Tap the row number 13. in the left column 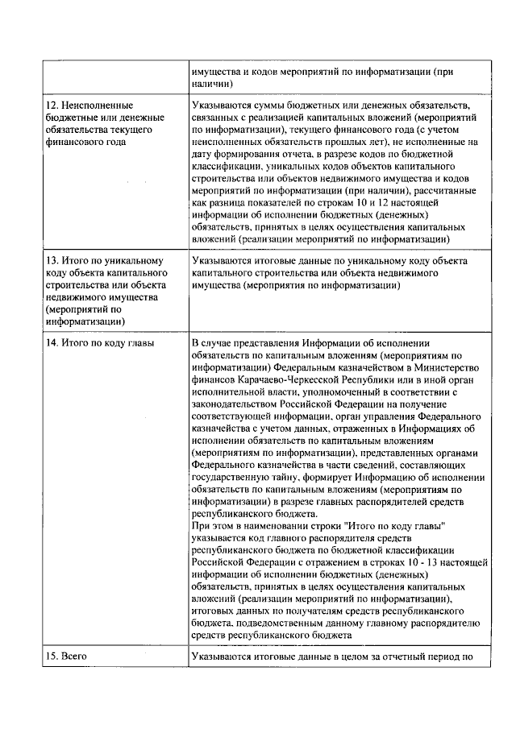pyautogui.click(x=53, y=262)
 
